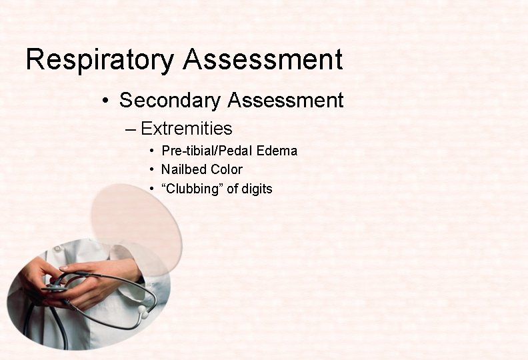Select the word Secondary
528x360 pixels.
[170, 101]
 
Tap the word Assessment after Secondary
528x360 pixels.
[285, 101]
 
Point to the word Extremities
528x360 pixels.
[187, 128]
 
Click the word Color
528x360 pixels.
[227, 169]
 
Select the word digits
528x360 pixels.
[257, 189]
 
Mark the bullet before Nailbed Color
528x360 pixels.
[153, 170]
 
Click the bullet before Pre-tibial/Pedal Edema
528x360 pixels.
[153, 151]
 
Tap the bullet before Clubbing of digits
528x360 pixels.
[153, 189]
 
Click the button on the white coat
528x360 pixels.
[58, 248]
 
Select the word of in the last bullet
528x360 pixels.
[232, 189]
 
